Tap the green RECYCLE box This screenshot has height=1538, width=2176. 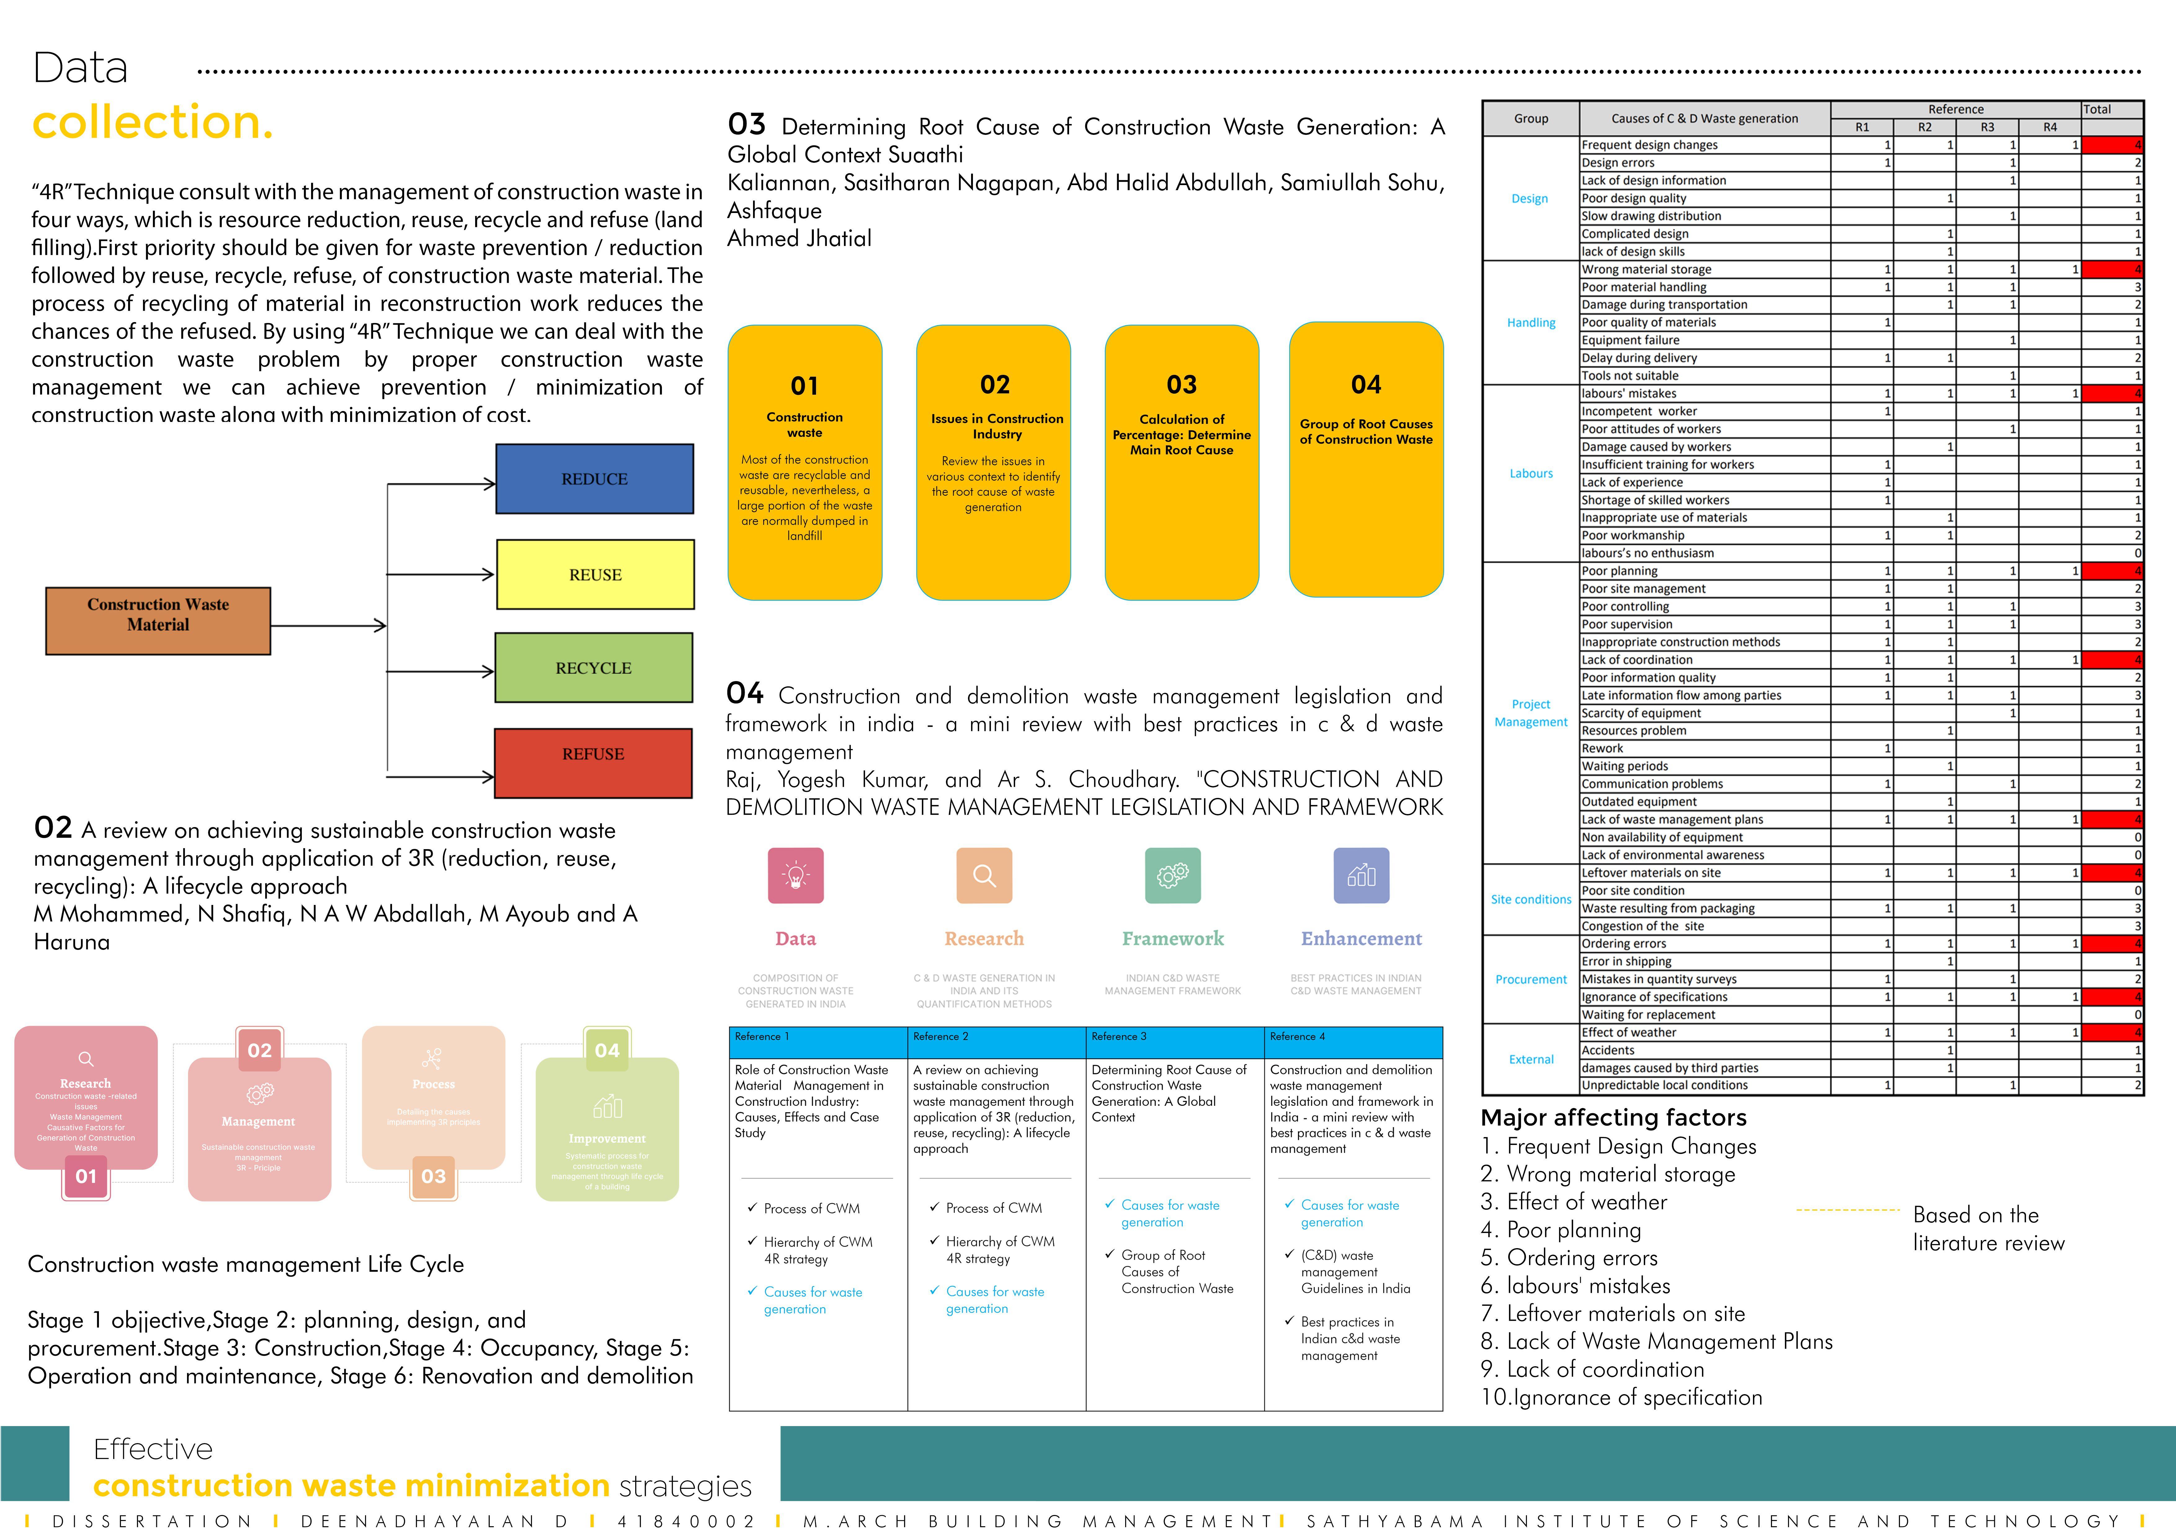(593, 668)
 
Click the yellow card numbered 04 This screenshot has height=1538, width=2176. (1366, 459)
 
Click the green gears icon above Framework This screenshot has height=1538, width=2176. (1172, 875)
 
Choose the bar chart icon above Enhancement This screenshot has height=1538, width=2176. (1361, 875)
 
